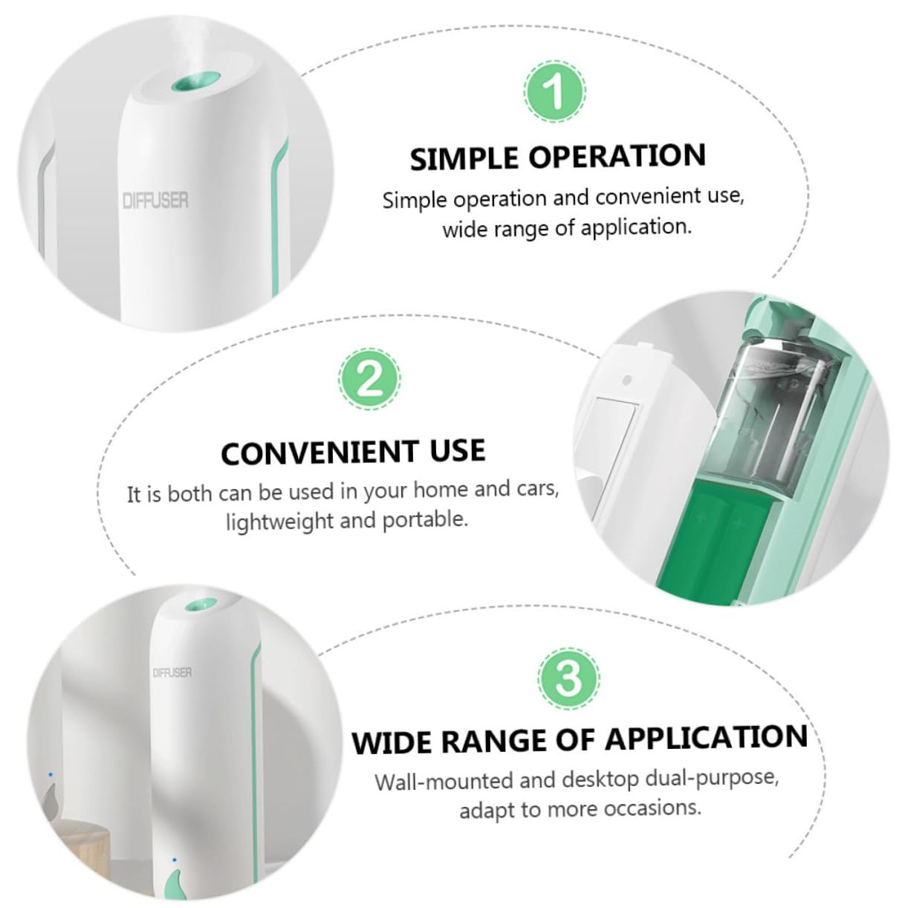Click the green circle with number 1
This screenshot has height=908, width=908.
554,91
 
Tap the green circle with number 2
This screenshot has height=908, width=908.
369,379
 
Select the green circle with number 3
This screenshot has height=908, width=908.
568,679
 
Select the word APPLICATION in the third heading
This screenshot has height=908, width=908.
707,738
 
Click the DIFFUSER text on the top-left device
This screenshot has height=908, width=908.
155,201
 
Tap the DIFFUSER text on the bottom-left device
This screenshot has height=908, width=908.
172,672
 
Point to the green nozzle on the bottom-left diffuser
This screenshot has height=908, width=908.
201,604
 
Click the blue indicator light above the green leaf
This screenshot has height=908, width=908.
175,860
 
